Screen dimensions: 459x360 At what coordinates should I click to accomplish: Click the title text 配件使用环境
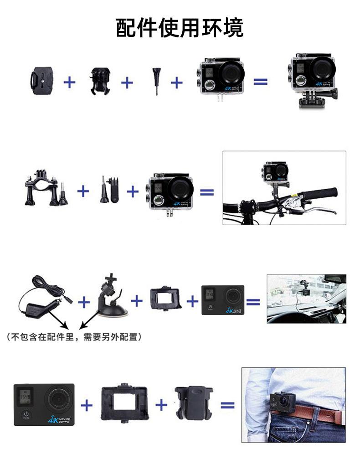[180, 27]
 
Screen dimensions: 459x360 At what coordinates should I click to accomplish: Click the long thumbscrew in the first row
[156, 81]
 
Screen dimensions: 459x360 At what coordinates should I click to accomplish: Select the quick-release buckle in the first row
[99, 81]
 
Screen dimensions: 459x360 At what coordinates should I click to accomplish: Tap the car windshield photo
[306, 299]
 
